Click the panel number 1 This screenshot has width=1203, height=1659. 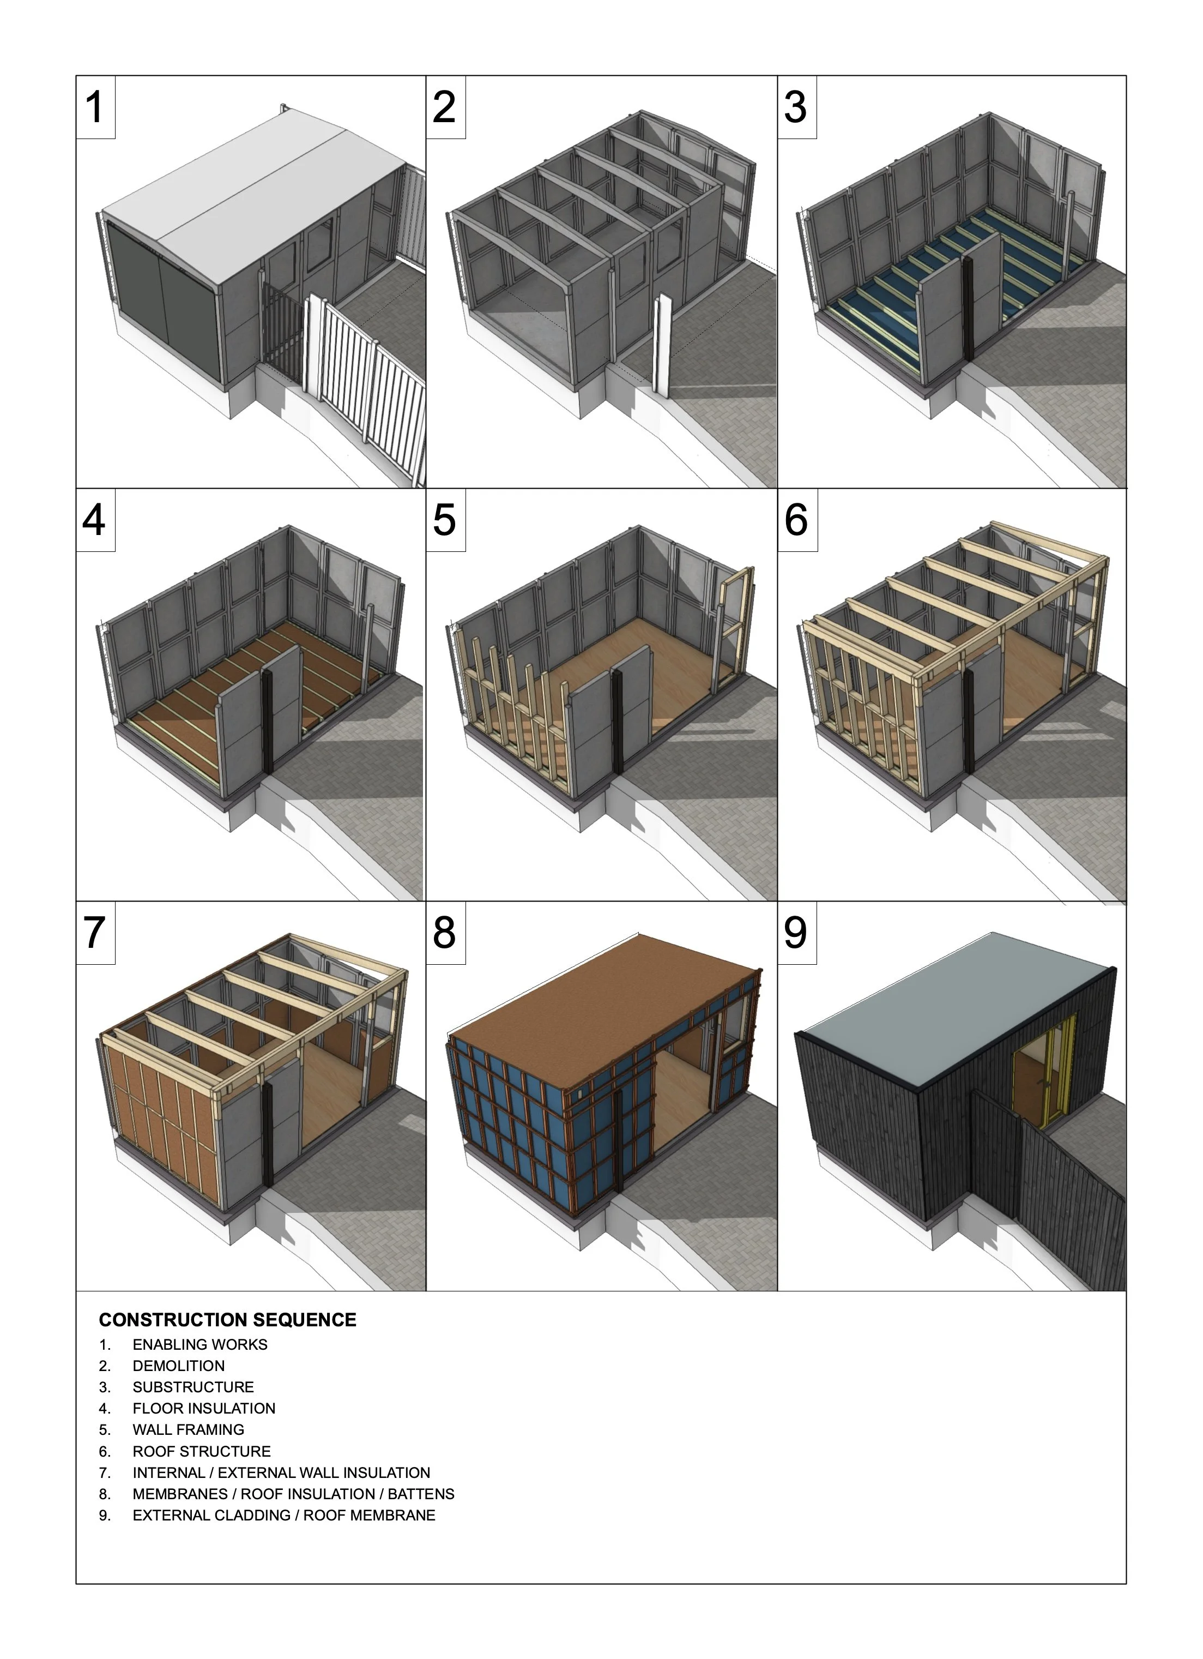coord(95,107)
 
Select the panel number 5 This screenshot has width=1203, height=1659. coord(445,520)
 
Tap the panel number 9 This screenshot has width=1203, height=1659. coord(796,933)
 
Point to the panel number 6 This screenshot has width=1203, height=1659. coord(796,520)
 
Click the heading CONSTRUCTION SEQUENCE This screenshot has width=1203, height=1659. coord(227,1320)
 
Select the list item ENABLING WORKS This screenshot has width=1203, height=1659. coord(200,1344)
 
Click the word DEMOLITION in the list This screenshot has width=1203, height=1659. coord(178,1366)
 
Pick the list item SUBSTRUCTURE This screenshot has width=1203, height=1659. coord(193,1387)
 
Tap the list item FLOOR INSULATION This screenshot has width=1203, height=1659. coord(203,1408)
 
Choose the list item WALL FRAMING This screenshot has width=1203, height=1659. coord(188,1429)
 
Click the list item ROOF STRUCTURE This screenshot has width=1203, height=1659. coord(201,1451)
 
